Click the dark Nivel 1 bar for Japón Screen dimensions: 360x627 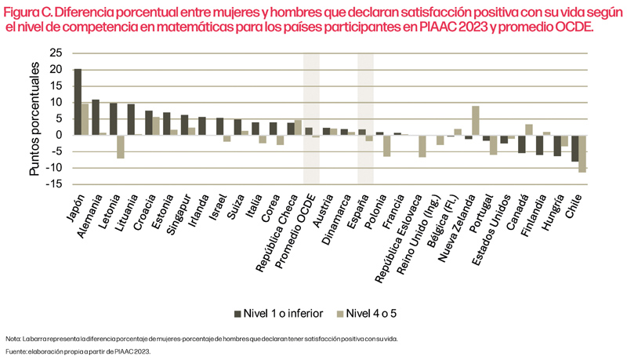78,102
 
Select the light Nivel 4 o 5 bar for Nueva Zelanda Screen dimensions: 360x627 476,121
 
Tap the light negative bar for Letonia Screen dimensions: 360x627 121,147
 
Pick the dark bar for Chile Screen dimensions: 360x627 574,148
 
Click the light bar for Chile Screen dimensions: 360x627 582,153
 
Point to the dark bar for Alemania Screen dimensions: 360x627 96,117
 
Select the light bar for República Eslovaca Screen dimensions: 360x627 422,146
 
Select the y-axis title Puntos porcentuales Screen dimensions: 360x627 35,118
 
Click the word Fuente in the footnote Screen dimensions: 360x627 15,352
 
